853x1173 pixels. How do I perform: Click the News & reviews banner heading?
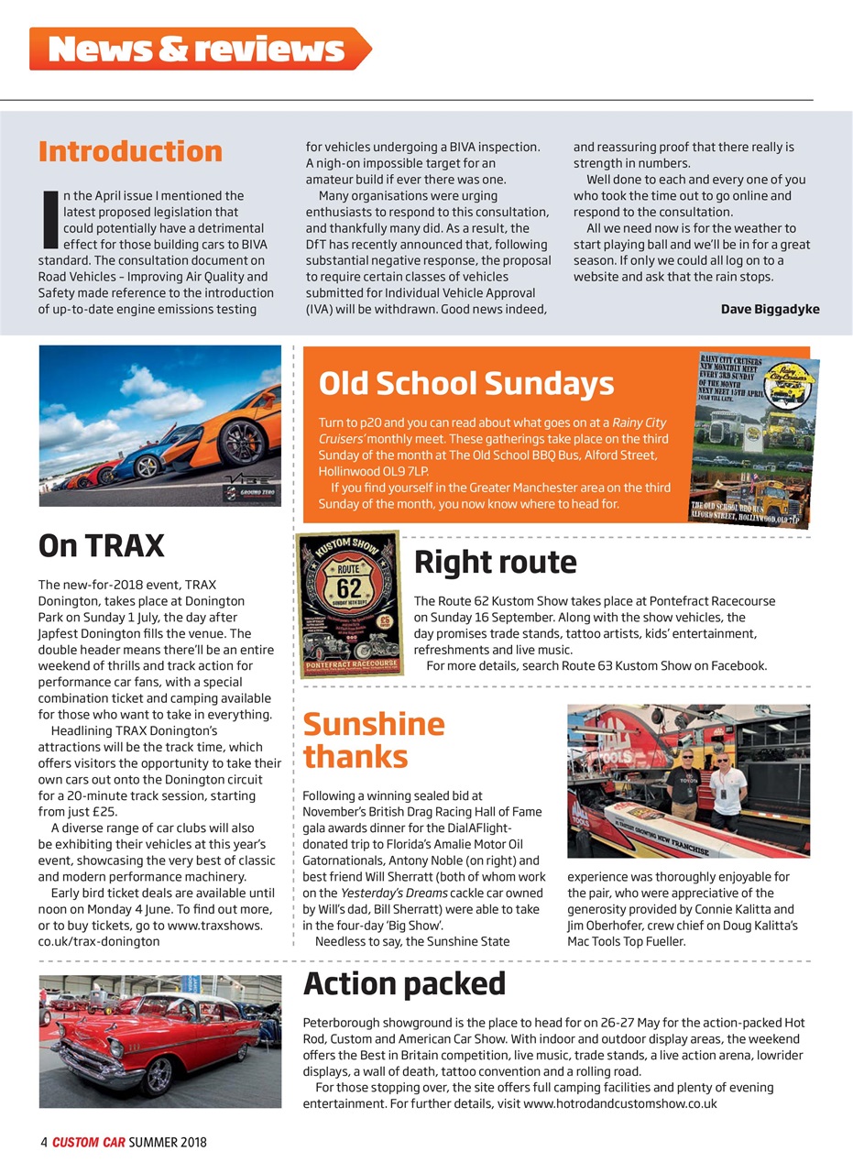196,49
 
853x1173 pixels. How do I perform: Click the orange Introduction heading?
130,151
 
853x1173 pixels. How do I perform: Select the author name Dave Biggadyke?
770,309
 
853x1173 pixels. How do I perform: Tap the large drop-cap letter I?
49,219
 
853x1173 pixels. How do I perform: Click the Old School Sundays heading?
465,383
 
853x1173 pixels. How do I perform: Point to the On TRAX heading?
101,546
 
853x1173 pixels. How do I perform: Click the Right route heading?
495,562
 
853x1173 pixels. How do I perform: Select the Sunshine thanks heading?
373,740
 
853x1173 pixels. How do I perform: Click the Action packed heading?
404,983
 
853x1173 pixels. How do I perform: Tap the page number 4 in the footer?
43,1142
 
